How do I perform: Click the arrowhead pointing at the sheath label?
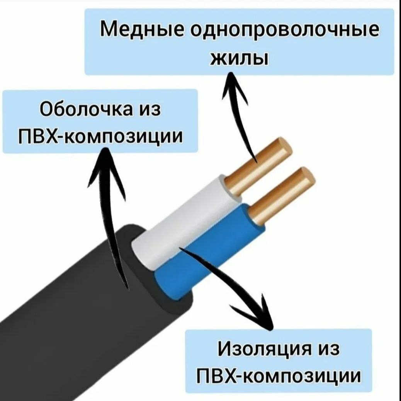point(105,162)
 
